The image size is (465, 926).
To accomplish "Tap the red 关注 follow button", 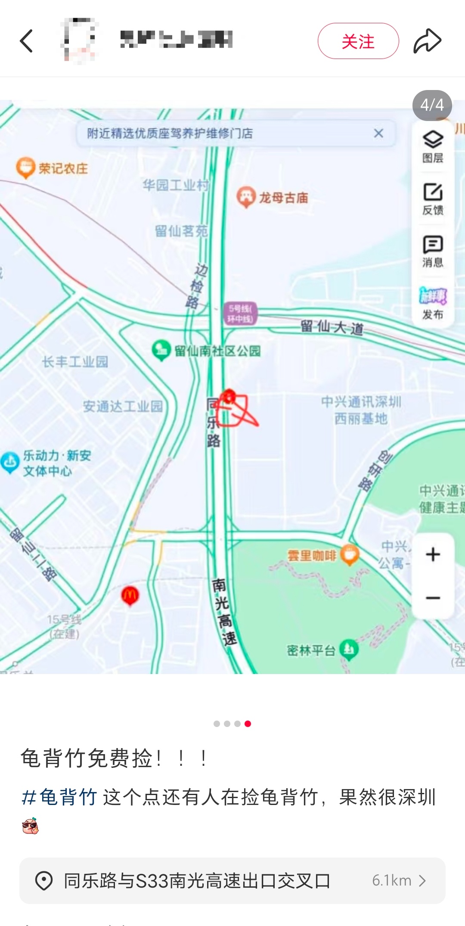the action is (x=358, y=41).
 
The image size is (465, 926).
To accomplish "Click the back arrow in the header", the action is (x=27, y=41).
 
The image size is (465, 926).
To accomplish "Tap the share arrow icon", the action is (x=427, y=41).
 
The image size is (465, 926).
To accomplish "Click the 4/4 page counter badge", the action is (x=432, y=105).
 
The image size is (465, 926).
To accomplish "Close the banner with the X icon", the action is (x=378, y=134).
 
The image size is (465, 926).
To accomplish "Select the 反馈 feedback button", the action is (x=433, y=199).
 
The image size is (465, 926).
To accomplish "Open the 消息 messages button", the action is (x=433, y=251).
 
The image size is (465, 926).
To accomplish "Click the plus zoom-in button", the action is (x=433, y=554).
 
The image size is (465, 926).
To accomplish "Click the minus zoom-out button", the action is (x=433, y=598).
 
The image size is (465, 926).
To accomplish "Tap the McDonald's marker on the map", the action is (x=130, y=596).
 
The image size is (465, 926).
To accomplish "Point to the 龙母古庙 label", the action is (x=283, y=198).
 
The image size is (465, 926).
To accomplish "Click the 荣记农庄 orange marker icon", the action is (x=25, y=167).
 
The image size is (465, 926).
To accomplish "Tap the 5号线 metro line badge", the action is (x=240, y=314).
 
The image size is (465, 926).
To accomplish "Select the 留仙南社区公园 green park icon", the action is (x=161, y=350).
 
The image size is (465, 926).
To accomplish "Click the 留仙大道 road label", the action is (x=332, y=327).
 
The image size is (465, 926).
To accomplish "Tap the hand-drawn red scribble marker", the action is (x=235, y=409).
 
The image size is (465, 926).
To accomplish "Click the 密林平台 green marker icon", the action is (x=349, y=649).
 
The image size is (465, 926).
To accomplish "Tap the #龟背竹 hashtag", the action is (x=59, y=797).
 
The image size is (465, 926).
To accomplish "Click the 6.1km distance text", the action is (x=392, y=881).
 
